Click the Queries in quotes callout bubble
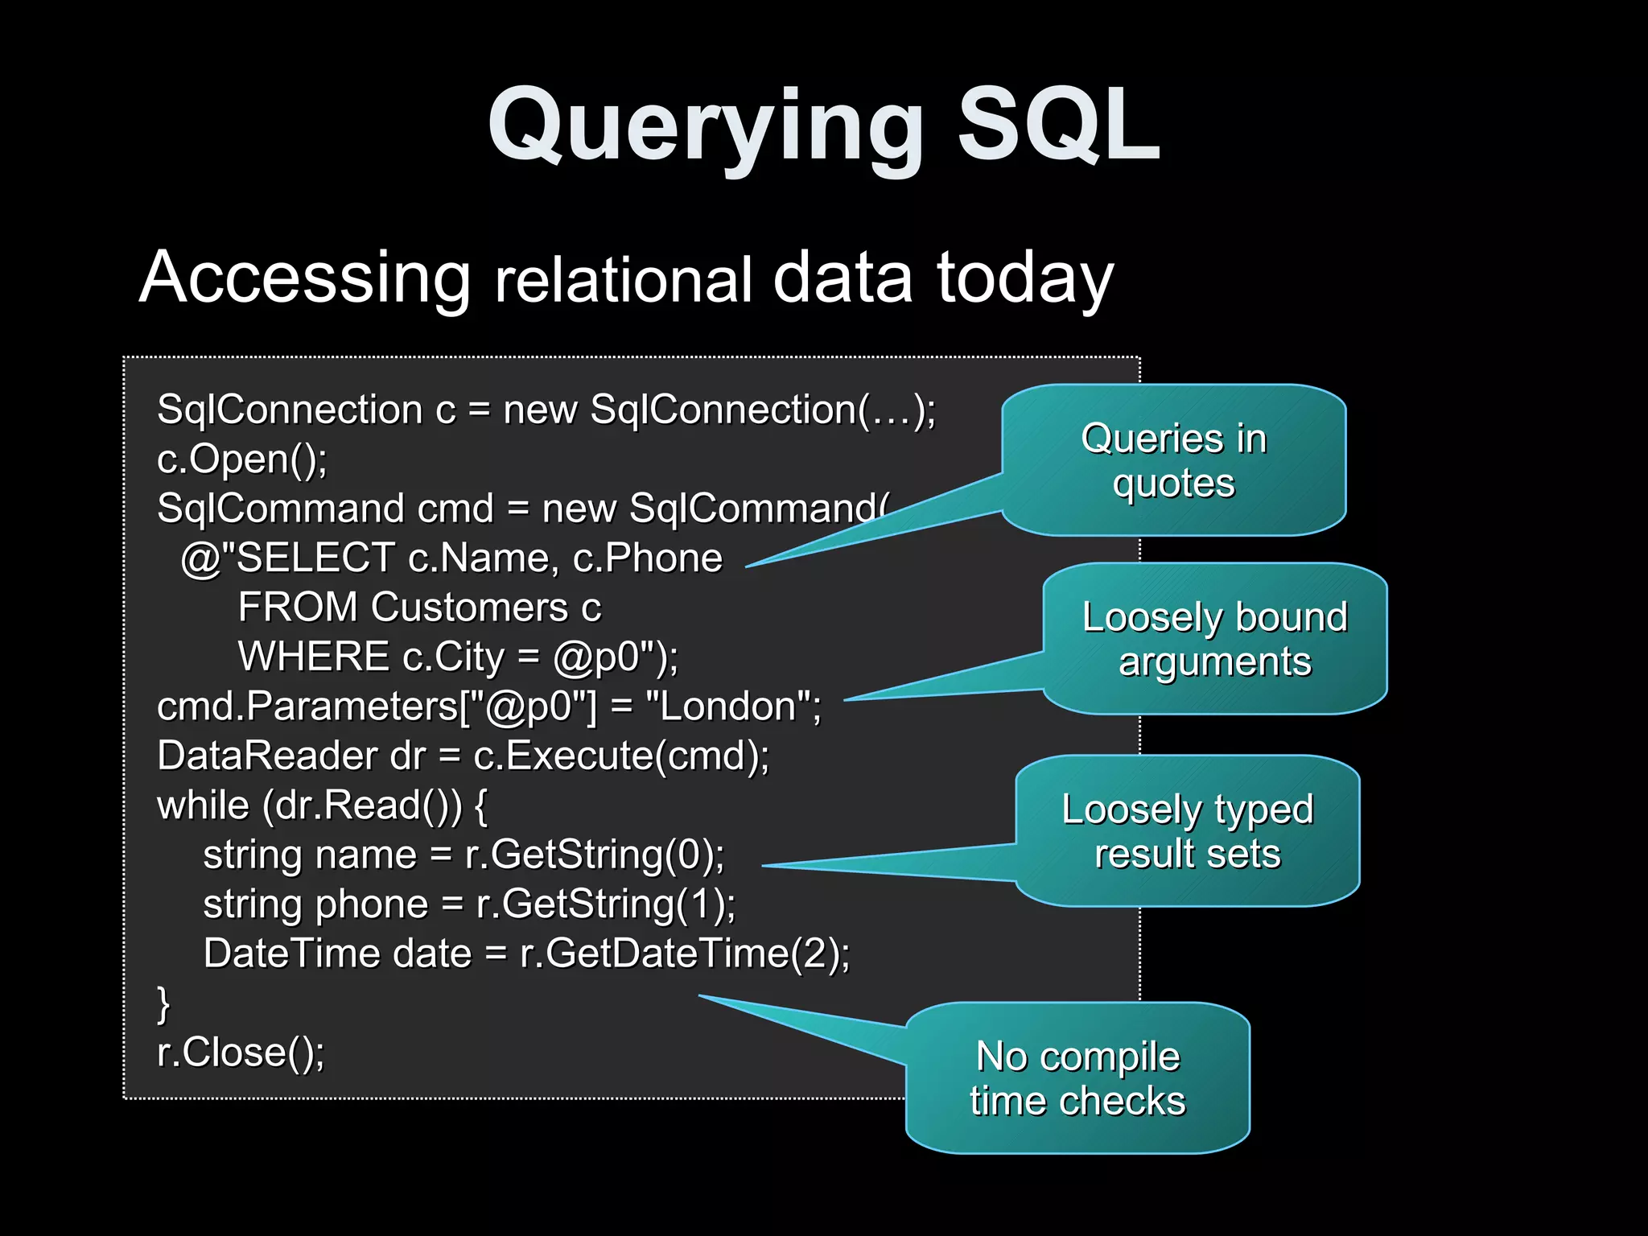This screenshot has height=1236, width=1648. point(1173,460)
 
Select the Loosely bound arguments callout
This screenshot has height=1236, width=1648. point(1214,639)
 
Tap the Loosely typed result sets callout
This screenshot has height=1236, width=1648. point(1187,830)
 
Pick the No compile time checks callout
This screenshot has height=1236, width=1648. point(1077,1078)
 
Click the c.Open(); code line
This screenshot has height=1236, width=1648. point(242,459)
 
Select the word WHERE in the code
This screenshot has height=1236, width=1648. point(314,657)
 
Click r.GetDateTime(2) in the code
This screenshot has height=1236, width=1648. point(683,954)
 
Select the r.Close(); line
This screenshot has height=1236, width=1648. point(241,1052)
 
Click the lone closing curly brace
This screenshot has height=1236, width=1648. point(163,1003)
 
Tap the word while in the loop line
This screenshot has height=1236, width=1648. point(203,805)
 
